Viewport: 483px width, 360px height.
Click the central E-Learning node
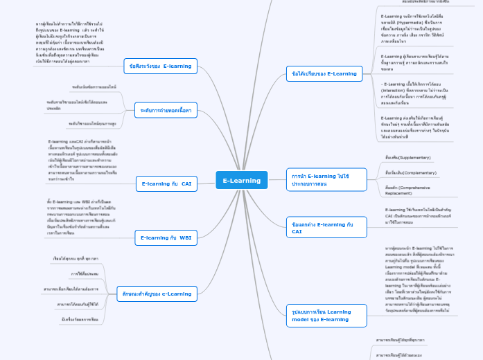tap(241, 181)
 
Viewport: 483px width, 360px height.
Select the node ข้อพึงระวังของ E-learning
tap(159, 66)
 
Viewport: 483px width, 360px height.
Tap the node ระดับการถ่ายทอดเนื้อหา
tap(166, 110)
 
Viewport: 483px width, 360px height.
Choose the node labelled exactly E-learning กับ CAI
tap(166, 183)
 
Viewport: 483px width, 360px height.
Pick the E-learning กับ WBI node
tap(166, 238)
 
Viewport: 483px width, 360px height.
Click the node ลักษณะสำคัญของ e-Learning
tap(157, 294)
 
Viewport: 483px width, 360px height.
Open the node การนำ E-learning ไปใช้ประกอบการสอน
tap(319, 180)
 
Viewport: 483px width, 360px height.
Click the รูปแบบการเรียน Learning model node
tap(321, 316)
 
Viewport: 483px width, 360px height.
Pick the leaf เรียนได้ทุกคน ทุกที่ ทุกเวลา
tap(76, 258)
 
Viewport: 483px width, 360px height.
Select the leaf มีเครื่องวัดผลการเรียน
tap(80, 319)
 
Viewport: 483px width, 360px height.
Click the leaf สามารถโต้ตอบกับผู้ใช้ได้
tap(78, 304)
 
